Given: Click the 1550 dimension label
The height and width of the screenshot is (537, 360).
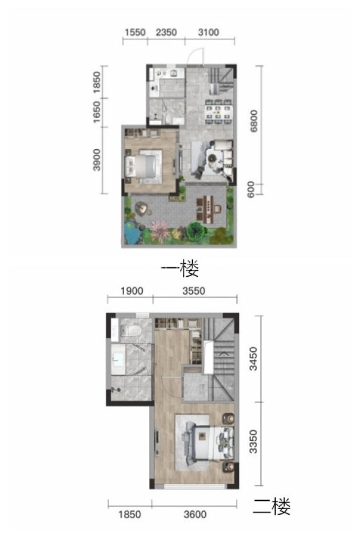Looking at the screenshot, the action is [135, 33].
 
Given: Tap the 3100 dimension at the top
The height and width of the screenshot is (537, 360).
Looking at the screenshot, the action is [209, 33].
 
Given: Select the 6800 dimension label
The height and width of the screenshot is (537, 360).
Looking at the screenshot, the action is [254, 121].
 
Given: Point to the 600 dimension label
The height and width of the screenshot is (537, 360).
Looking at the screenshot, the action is [251, 189].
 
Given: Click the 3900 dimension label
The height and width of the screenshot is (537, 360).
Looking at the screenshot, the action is [97, 160].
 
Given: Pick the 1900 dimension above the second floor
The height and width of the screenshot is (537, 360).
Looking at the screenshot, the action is [132, 291].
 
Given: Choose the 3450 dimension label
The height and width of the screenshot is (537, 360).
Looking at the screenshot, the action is [253, 359].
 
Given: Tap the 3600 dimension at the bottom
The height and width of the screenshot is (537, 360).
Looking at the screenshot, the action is [195, 514].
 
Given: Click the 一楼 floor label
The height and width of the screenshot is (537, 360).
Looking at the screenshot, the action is [180, 269].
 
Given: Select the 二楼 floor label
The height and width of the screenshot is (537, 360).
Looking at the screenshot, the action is [271, 507].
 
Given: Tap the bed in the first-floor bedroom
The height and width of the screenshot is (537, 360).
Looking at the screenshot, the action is [144, 167].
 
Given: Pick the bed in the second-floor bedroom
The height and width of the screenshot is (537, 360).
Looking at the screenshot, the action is [209, 443].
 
